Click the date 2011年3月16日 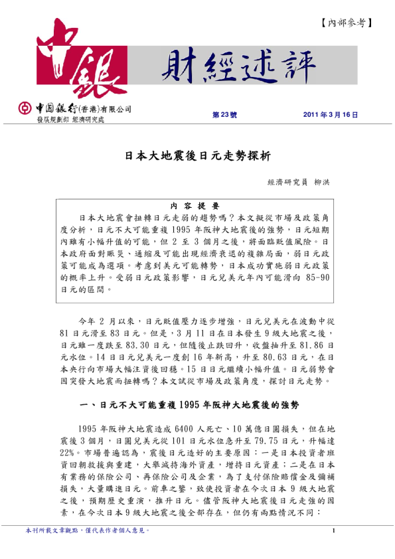pos(330,115)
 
